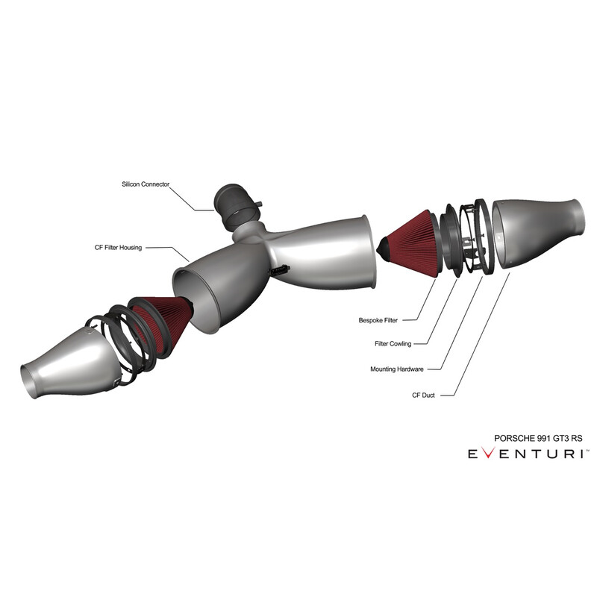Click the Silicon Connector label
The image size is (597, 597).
pos(146,184)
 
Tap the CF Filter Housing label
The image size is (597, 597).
pos(118,248)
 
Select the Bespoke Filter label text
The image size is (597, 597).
pos(378,320)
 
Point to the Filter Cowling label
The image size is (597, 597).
pos(393,344)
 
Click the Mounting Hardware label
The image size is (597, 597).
pos(397,369)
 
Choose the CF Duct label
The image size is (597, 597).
pos(423,396)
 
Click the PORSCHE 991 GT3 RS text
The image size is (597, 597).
pos(538,438)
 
